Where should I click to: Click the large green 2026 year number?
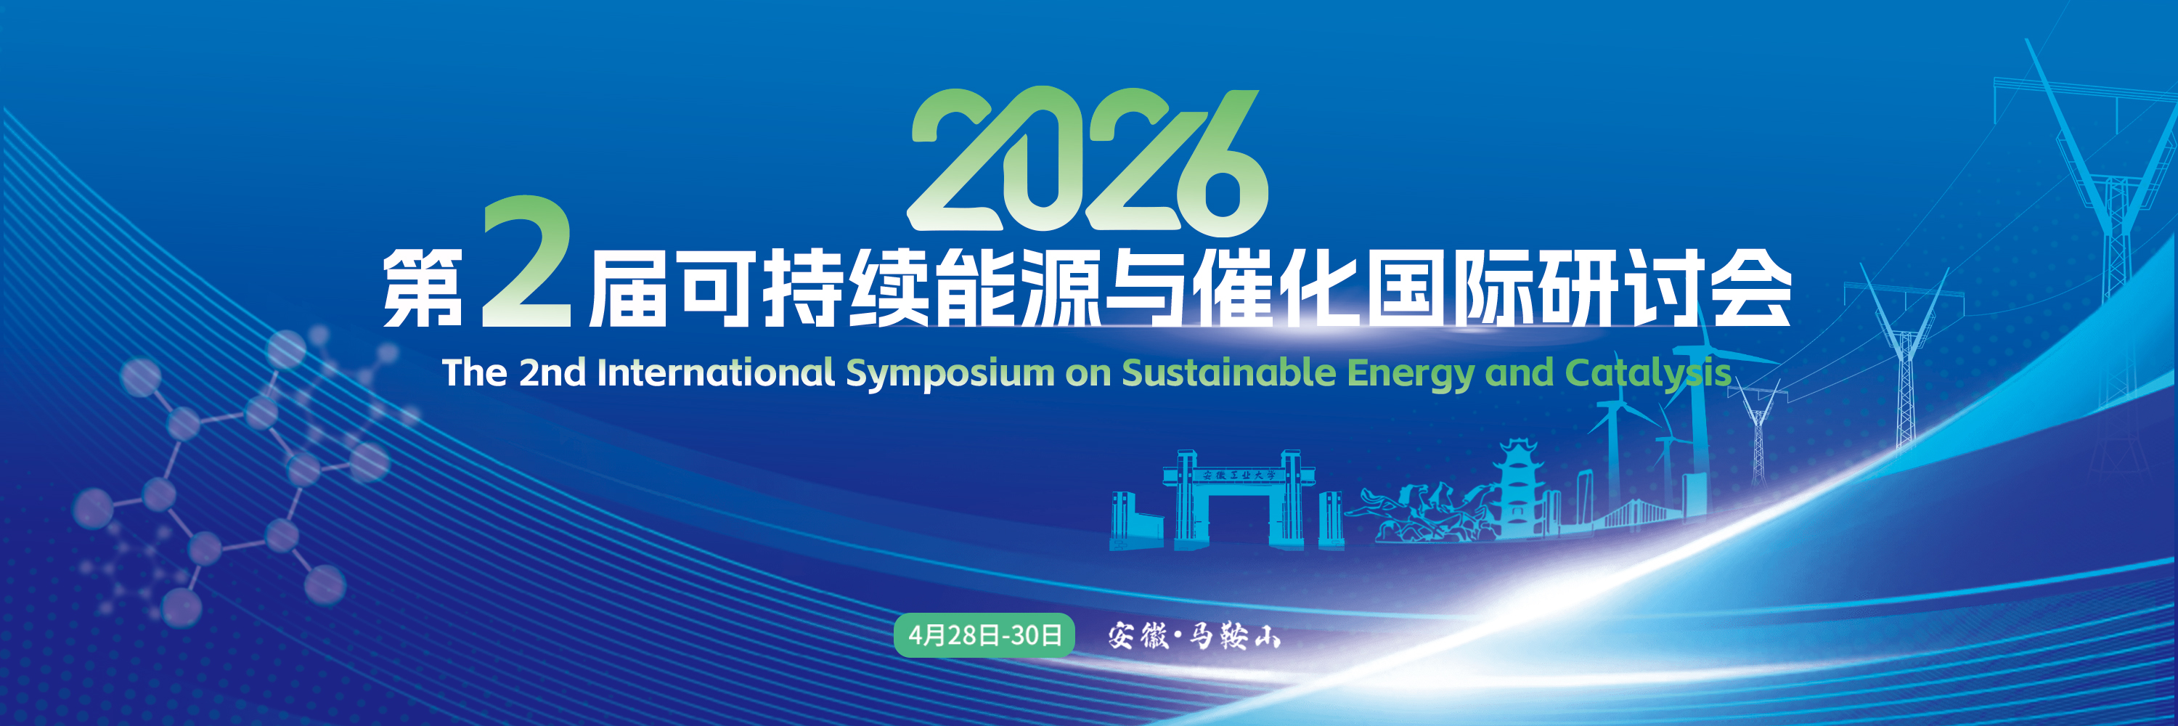click(x=1088, y=159)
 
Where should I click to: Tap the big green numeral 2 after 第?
click(x=526, y=262)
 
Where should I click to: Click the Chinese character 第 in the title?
click(x=423, y=288)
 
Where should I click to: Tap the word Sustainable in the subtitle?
click(x=1228, y=372)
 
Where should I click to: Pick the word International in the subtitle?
click(x=715, y=372)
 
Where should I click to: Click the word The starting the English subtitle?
click(x=474, y=372)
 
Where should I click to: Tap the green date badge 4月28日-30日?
click(x=984, y=635)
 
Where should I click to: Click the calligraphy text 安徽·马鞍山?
click(x=1194, y=635)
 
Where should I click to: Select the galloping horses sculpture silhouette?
click(x=1421, y=512)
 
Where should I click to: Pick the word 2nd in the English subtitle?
click(x=552, y=372)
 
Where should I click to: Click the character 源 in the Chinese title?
click(x=1060, y=288)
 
